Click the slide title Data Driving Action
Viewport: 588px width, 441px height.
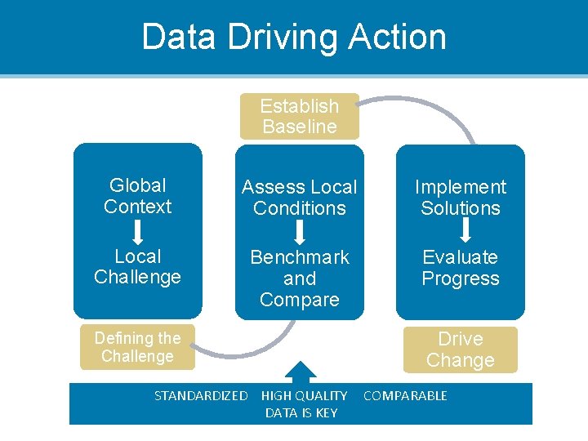click(294, 37)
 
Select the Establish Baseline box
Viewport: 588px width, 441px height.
click(300, 116)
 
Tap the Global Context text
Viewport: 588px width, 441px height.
click(138, 196)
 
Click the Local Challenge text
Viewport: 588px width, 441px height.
click(138, 267)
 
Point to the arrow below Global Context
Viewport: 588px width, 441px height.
click(138, 232)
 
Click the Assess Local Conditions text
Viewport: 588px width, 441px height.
click(300, 198)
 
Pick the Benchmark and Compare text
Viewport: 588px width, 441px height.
click(300, 278)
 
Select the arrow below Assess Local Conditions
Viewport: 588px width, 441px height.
click(300, 232)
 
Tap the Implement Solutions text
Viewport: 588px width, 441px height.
click(461, 198)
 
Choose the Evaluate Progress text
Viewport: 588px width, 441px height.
click(461, 268)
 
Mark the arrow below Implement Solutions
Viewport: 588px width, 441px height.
click(461, 232)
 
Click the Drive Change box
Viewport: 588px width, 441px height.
click(461, 350)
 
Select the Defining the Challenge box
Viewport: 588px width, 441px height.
click(137, 347)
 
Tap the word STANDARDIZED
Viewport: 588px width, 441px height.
click(201, 396)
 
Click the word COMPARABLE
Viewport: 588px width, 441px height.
click(405, 396)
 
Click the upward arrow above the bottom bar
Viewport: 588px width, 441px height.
click(301, 372)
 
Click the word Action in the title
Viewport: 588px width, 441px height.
click(398, 37)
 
